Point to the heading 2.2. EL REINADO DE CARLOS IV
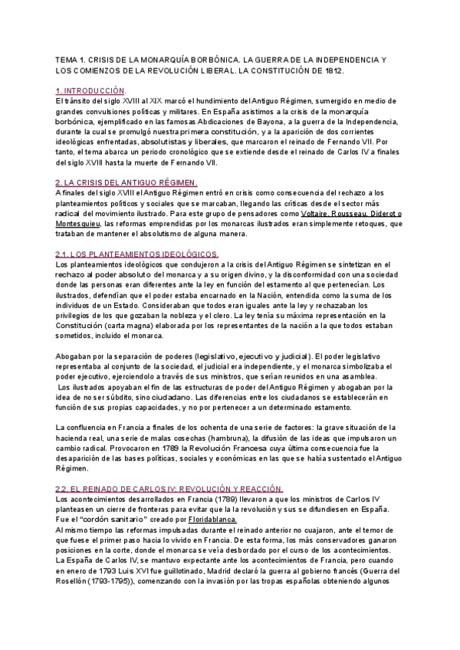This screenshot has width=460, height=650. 169,488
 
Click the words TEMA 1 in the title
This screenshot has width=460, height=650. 71,59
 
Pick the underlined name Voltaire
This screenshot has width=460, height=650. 303,212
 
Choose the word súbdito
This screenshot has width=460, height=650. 127,397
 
